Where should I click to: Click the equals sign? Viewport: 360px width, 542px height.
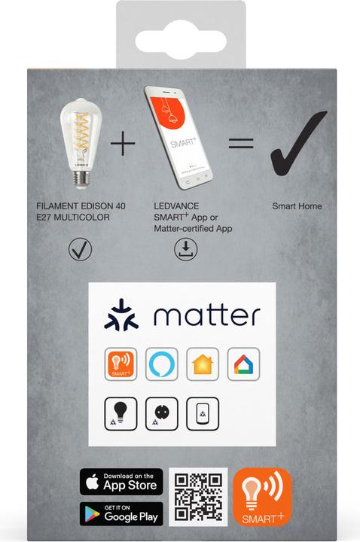pyautogui.click(x=240, y=143)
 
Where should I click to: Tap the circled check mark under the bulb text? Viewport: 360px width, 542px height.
pyautogui.click(x=79, y=248)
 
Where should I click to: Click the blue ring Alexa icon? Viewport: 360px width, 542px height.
pyautogui.click(x=160, y=364)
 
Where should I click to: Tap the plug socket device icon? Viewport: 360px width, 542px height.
pyautogui.click(x=160, y=412)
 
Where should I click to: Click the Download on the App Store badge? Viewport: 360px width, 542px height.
pyautogui.click(x=121, y=482)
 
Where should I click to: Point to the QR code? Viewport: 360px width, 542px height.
pyautogui.click(x=197, y=497)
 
